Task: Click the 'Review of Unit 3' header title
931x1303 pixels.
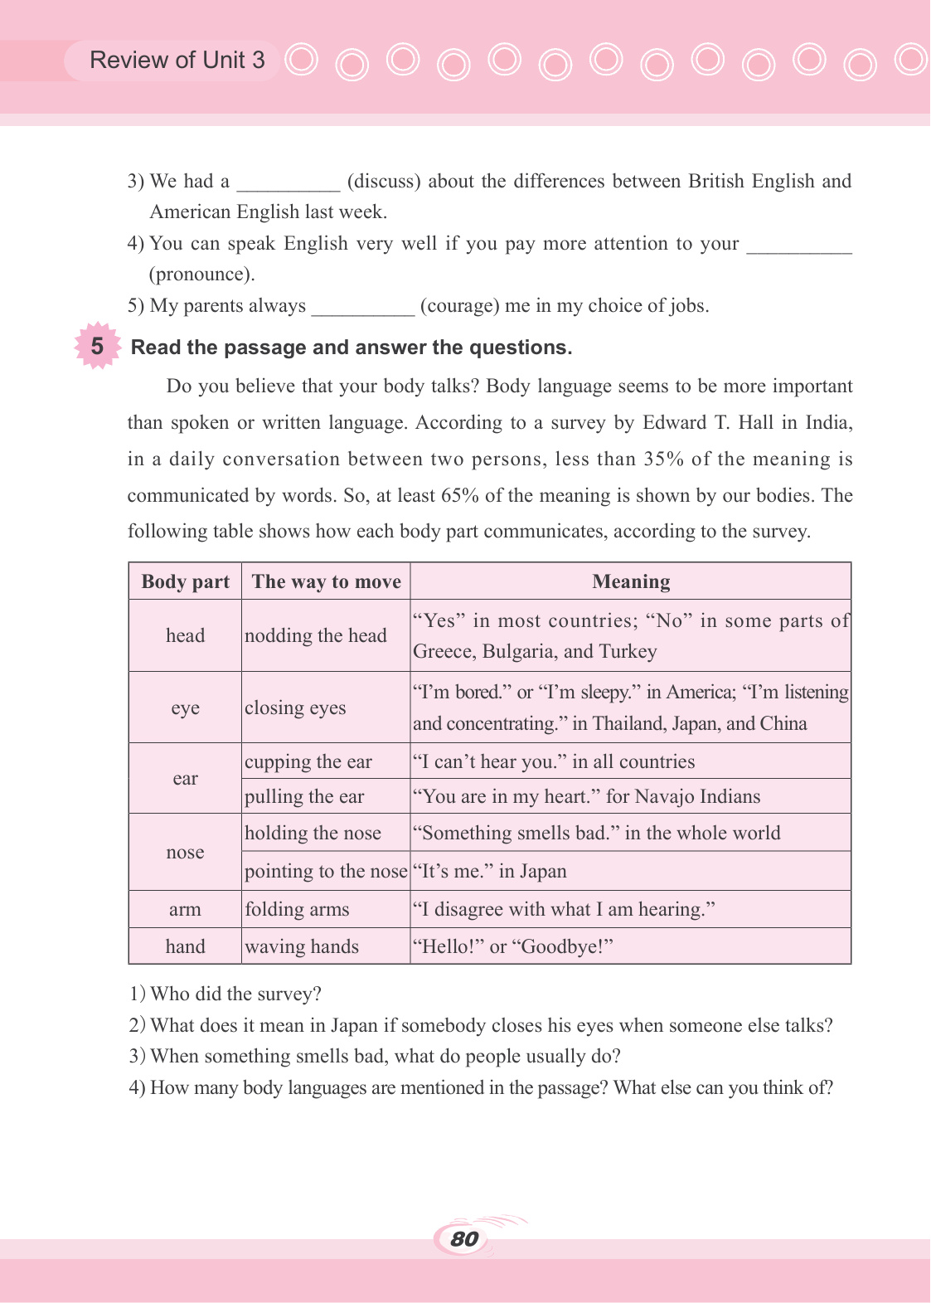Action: point(177,61)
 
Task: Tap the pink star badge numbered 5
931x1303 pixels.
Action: point(97,346)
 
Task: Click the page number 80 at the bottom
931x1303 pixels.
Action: point(464,1239)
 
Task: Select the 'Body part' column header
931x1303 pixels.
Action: point(185,581)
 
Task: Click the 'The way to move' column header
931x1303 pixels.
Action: point(326,581)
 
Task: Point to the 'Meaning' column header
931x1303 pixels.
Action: point(631,581)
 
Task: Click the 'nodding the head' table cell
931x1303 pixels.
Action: point(316,635)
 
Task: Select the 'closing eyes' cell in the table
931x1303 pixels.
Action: point(295,707)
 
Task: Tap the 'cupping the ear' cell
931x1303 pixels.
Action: point(308,761)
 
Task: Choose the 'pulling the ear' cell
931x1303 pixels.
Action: point(304,796)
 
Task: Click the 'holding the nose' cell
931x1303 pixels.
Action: point(313,833)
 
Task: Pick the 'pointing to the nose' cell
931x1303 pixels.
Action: point(326,871)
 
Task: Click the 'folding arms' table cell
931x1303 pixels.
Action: point(297,909)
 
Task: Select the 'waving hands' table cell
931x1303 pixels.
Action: point(302,946)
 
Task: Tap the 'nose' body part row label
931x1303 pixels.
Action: point(185,853)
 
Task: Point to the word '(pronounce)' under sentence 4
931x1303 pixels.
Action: point(201,275)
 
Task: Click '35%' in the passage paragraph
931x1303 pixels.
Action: point(663,459)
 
